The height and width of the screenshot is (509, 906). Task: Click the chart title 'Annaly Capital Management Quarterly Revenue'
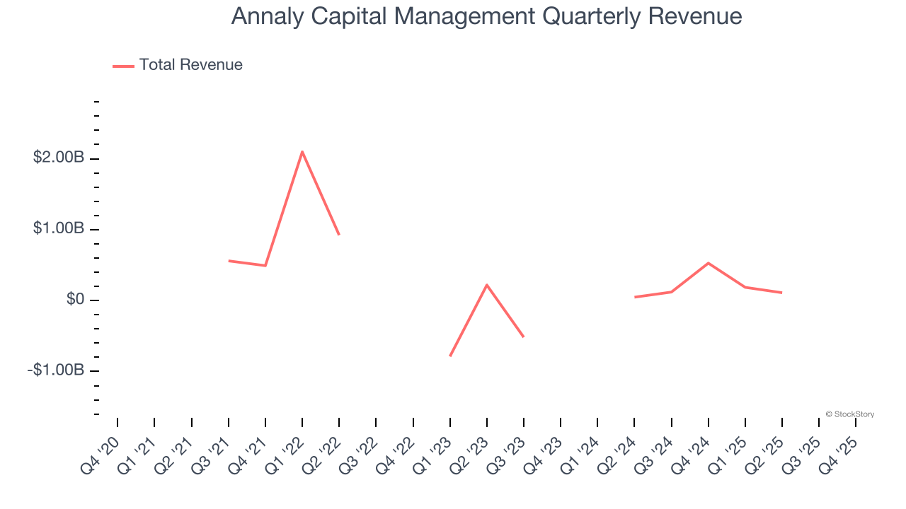tap(486, 16)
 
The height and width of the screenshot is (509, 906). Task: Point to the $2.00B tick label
tap(59, 158)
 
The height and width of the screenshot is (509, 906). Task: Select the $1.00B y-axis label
tap(59, 229)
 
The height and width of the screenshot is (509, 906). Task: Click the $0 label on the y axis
tap(75, 300)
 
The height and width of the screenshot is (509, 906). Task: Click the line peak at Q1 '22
tap(302, 151)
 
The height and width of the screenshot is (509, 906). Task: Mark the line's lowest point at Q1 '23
tap(450, 356)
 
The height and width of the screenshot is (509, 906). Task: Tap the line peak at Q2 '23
tap(487, 284)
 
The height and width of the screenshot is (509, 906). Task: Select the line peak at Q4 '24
tap(709, 263)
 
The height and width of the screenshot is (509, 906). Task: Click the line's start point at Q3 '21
tap(229, 261)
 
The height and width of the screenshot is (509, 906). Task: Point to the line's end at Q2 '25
tap(782, 293)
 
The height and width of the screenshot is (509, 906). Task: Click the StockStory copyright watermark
tap(849, 414)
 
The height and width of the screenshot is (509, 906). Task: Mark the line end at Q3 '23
tap(524, 337)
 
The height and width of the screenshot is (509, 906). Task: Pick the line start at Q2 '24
tap(635, 297)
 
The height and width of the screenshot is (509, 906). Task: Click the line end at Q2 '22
tap(339, 235)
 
